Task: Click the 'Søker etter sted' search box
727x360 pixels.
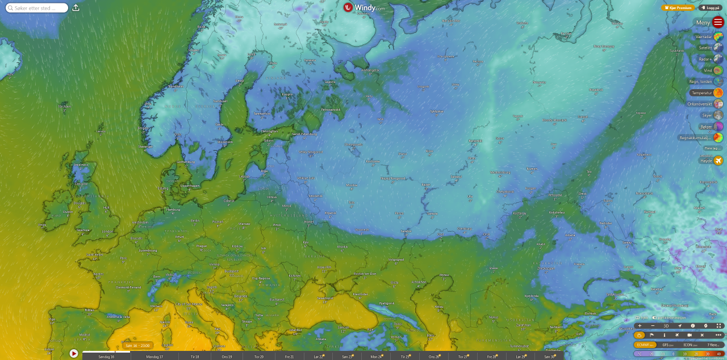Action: click(37, 8)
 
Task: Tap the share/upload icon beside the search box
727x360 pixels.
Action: click(76, 8)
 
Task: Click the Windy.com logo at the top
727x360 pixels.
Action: click(364, 8)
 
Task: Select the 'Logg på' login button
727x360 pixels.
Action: click(710, 8)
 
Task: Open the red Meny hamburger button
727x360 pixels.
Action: click(718, 23)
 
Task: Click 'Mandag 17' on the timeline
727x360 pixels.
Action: click(154, 357)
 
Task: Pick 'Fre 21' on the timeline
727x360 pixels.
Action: click(289, 357)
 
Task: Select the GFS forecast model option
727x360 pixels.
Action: click(667, 345)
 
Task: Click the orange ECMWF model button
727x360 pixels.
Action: click(645, 345)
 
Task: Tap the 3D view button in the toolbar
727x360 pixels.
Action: click(666, 326)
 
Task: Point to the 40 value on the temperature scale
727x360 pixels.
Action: click(718, 354)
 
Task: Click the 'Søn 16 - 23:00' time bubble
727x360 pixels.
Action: click(137, 345)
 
